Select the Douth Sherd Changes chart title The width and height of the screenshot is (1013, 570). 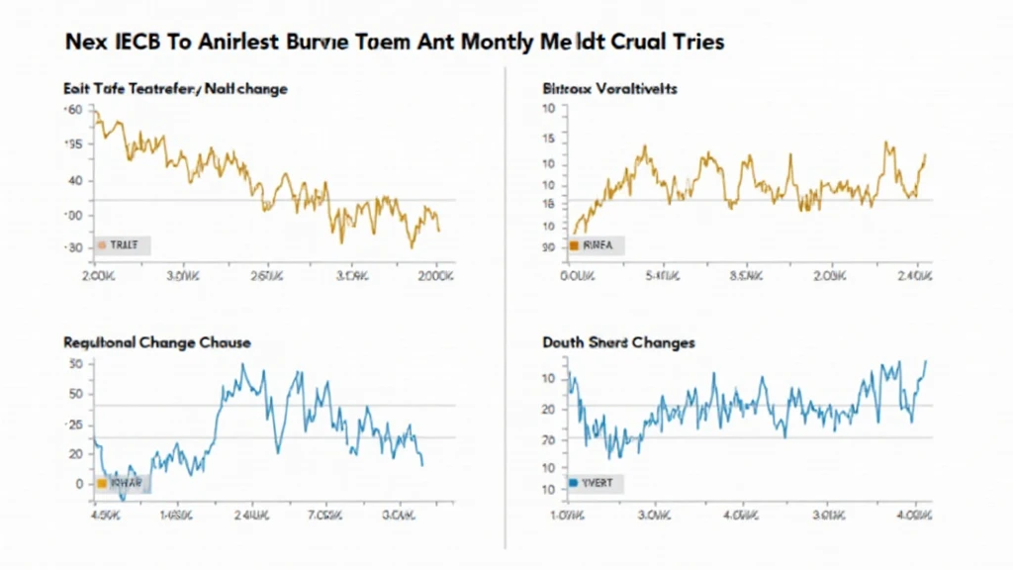pos(618,342)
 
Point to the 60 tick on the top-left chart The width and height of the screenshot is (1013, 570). pos(74,110)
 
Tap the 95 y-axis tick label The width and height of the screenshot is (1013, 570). pos(73,144)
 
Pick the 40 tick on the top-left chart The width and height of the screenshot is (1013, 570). pos(74,180)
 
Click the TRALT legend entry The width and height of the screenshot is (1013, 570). pos(122,243)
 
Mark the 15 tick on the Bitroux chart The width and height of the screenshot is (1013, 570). pos(547,139)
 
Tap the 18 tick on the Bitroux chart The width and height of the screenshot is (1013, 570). pos(547,204)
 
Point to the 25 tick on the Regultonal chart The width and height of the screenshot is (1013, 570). pos(74,425)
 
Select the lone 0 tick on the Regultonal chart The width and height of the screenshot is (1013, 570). pos(78,484)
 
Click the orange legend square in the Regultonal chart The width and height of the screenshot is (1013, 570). pos(101,484)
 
